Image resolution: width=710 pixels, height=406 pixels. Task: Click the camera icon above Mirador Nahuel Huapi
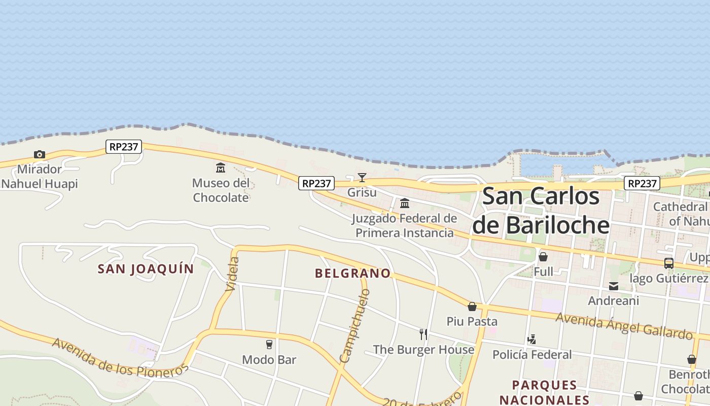(39, 154)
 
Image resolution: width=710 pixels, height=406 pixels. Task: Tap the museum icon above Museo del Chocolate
(221, 167)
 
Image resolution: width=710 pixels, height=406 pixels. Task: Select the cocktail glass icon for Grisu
(362, 177)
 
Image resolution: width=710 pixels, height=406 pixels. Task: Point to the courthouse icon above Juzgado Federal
(405, 204)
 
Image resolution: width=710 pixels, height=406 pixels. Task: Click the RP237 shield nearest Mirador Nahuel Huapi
(124, 147)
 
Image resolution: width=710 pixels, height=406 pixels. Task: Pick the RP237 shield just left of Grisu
(316, 183)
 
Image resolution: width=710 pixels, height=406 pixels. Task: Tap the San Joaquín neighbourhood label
(146, 269)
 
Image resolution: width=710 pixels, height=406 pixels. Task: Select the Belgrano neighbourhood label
(353, 274)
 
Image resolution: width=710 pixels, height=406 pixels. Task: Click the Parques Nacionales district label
(545, 392)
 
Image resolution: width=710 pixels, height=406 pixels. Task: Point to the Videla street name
(232, 274)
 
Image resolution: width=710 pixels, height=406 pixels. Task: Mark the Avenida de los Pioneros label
(120, 358)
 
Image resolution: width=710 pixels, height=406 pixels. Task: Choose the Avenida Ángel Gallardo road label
(624, 326)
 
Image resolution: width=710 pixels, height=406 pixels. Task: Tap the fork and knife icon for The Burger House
(423, 334)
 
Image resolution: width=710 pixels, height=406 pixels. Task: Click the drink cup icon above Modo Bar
(269, 345)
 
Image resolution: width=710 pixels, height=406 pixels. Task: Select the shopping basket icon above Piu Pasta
(472, 307)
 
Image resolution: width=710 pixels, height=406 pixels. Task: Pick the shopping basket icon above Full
(543, 257)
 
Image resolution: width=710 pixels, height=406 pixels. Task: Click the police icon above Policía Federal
(531, 339)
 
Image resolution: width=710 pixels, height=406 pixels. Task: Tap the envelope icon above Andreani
(614, 286)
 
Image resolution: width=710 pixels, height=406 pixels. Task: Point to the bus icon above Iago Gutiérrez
(669, 263)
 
